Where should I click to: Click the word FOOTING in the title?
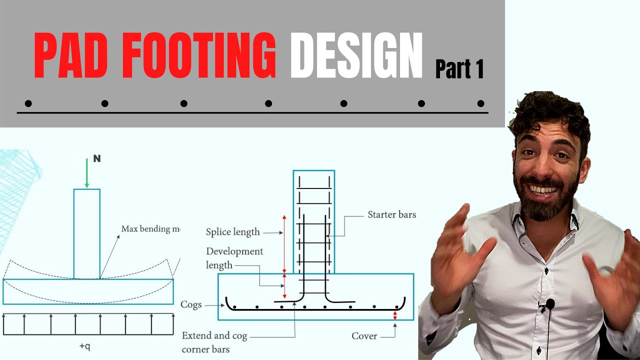coord(199,55)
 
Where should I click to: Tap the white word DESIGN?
coord(356,55)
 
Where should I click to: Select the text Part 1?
coord(459,69)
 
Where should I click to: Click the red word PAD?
coord(71,55)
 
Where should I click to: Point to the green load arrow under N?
coord(87,173)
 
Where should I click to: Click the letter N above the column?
coord(97,158)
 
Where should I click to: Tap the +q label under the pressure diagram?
coord(84,346)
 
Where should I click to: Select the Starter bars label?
coord(391,214)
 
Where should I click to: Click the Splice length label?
coord(233,231)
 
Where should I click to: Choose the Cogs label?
coord(191,305)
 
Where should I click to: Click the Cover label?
coord(364,336)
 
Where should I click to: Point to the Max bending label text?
coord(151,229)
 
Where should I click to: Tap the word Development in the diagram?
coord(234,251)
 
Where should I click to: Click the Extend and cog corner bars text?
coord(214,342)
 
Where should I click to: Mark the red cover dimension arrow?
coord(395,315)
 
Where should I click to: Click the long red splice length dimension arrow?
coord(284,244)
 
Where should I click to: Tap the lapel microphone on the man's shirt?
coord(550,304)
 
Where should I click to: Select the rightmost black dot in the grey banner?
coord(480,103)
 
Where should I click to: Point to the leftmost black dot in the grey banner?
coord(28,103)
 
